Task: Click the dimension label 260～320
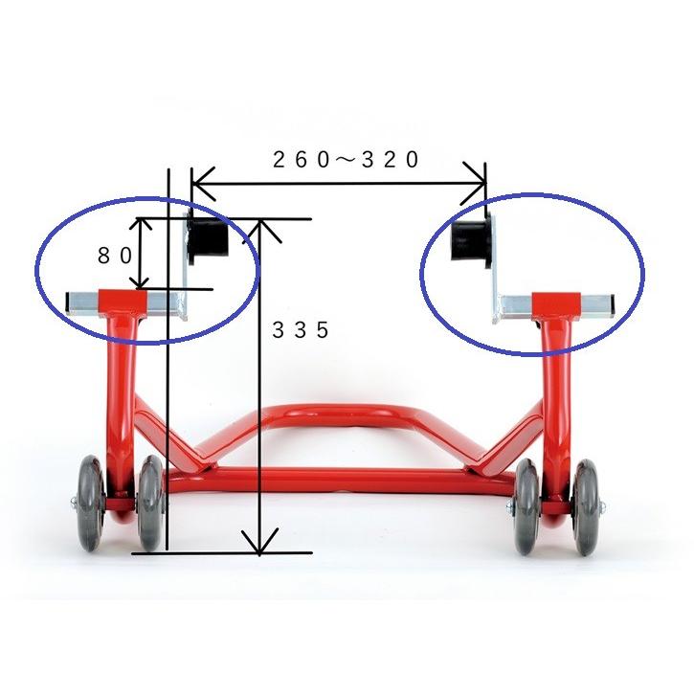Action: [x=346, y=159]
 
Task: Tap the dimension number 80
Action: [x=115, y=256]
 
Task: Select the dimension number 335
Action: [x=301, y=329]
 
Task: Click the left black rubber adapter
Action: [x=207, y=238]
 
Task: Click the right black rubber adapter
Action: [x=471, y=241]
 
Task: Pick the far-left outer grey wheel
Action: [x=92, y=504]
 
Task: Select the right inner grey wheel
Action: [x=526, y=506]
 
